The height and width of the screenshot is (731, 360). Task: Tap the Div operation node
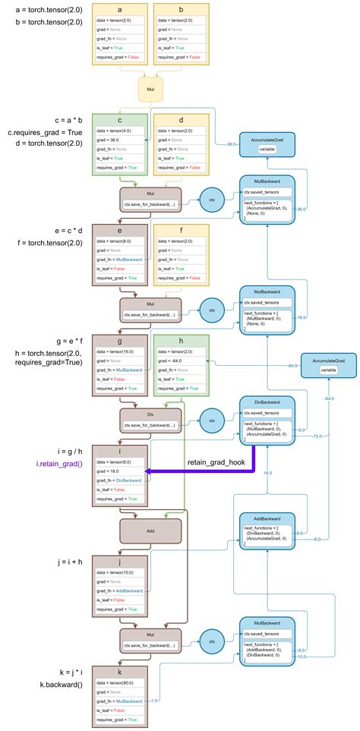(150, 419)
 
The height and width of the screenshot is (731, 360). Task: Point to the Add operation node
(150, 531)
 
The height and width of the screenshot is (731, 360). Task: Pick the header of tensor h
(181, 342)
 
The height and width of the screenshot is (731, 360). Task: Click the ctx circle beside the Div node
(213, 420)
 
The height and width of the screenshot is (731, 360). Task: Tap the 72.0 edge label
(317, 436)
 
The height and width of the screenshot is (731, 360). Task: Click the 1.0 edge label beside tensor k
(156, 700)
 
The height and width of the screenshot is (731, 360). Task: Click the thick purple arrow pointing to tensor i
(197, 471)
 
